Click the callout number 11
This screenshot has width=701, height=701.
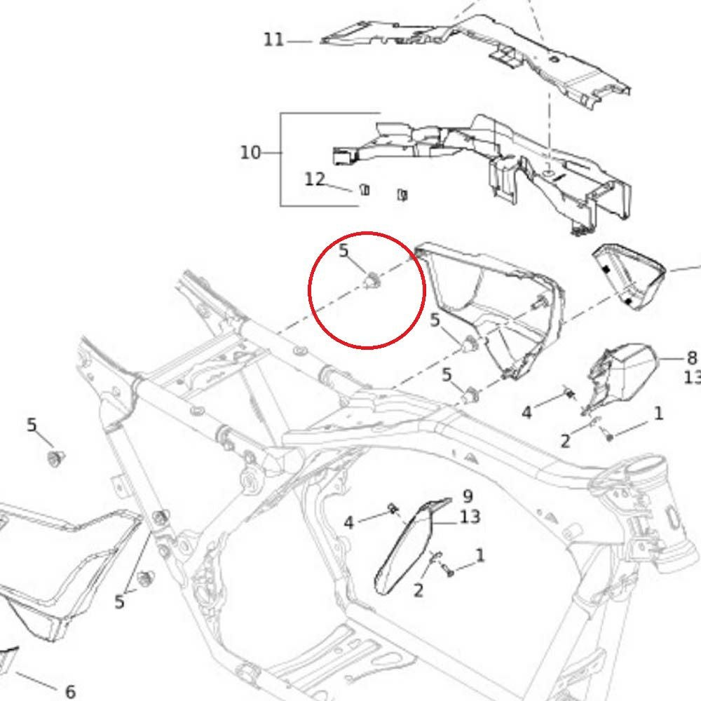coord(273,40)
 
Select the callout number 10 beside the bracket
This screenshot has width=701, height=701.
coord(250,153)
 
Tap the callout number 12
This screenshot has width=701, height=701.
coord(315,179)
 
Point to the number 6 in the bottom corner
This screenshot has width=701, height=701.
coord(70,691)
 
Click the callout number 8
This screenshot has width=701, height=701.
coord(692,358)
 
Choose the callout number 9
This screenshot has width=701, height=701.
coord(468,496)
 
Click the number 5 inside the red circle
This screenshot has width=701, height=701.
coord(343,250)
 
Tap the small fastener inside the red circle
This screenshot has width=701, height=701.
coord(372,281)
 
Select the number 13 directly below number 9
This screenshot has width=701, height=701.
coord(470,517)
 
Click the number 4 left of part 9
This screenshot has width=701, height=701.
coord(348,522)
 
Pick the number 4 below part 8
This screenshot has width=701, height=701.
coord(526,412)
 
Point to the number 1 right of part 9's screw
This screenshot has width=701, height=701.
coord(480,556)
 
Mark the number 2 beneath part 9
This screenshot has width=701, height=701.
coord(418,590)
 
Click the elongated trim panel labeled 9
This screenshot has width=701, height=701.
coord(405,546)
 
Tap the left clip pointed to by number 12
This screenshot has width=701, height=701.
coord(365,190)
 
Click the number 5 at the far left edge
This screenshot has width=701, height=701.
coord(32,425)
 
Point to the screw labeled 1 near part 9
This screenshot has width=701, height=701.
coord(449,570)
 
